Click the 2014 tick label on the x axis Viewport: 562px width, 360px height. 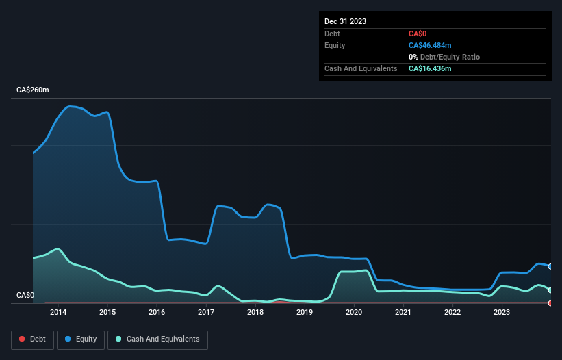pos(58,312)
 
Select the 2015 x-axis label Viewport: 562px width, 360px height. pos(107,312)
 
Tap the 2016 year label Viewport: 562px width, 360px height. pos(157,312)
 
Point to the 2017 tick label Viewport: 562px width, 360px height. pos(206,312)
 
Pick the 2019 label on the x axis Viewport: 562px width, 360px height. pos(305,312)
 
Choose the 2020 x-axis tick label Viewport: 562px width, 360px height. pos(354,312)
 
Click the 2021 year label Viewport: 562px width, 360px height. pos(403,312)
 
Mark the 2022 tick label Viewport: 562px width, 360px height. pos(452,312)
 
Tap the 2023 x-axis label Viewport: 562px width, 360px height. pos(502,312)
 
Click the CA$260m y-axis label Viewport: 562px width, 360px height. pos(33,90)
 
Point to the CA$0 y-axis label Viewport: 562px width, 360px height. pos(25,295)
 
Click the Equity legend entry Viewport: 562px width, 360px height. pos(81,339)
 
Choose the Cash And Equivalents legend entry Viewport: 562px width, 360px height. pos(157,339)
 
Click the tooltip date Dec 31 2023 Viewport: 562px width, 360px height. pos(345,21)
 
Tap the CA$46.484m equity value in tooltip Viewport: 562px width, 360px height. pos(430,45)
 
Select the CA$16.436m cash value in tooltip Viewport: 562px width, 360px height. pos(430,68)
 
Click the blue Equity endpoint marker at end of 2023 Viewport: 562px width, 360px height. pos(550,266)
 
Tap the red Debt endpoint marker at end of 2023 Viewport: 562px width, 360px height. pos(550,303)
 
